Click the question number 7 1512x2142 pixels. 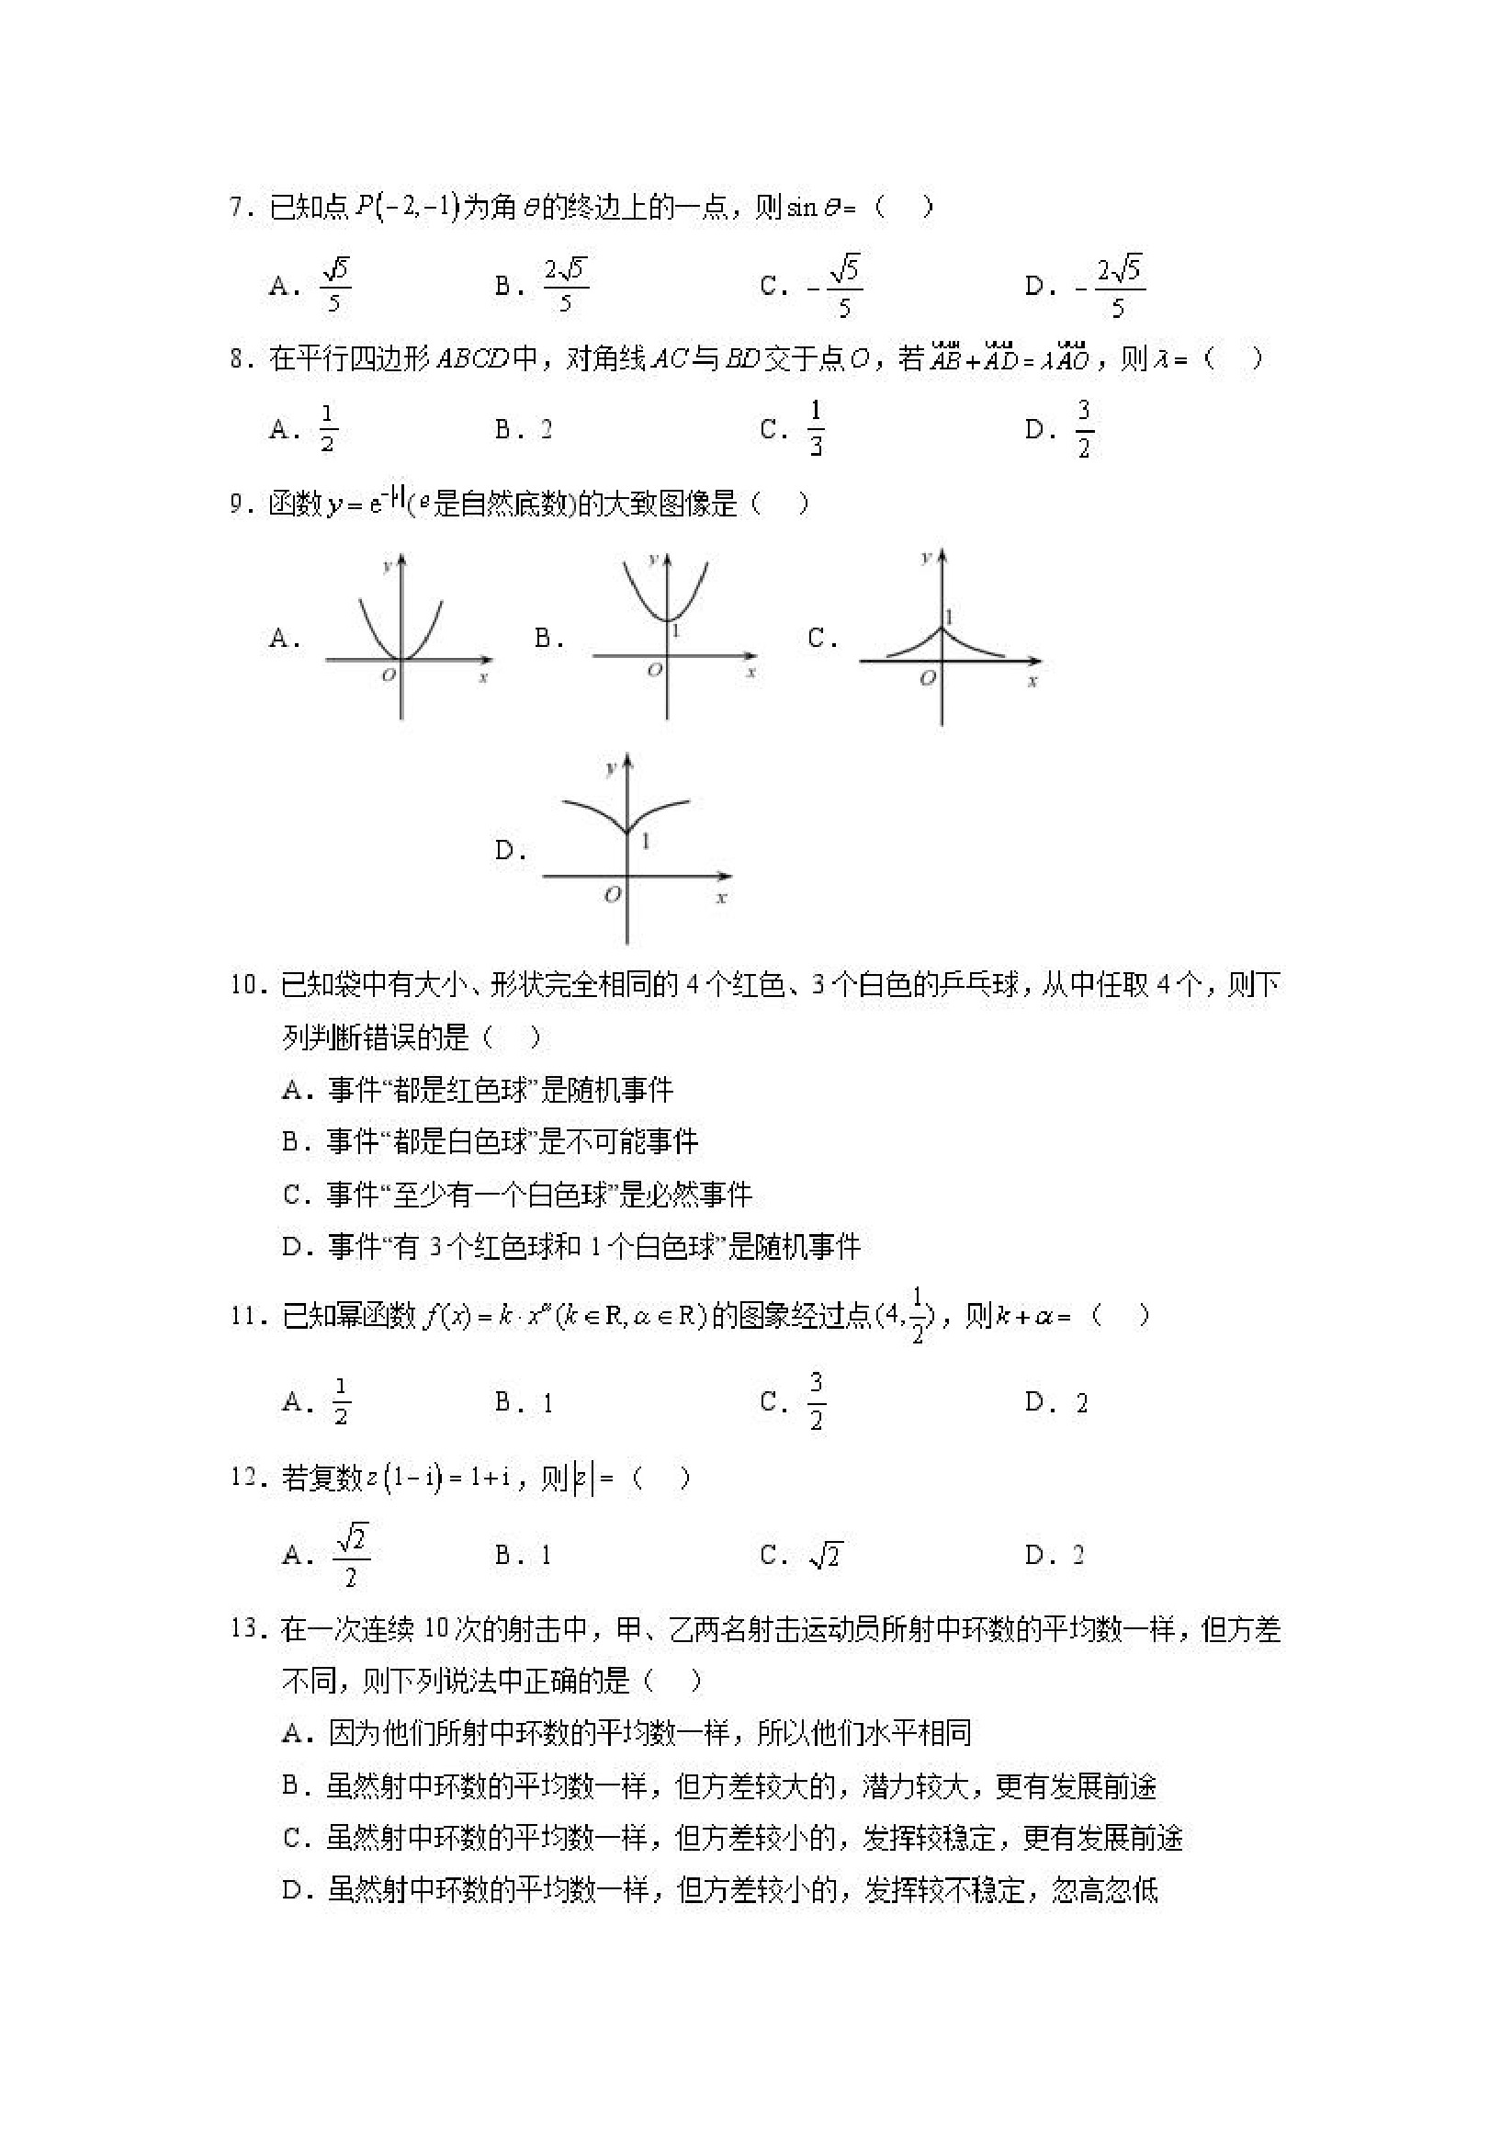coord(239,207)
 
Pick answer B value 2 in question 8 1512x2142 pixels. coord(546,430)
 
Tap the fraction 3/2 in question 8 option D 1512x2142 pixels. coord(1083,429)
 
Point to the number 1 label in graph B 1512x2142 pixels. coord(676,631)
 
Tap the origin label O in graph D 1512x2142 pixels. coord(612,896)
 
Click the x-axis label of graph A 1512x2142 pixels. coord(483,678)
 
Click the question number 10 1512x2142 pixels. coord(244,985)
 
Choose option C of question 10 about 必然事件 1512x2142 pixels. coord(518,1195)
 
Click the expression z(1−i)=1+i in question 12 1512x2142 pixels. coord(437,1478)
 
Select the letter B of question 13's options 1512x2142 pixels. coord(291,1785)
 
